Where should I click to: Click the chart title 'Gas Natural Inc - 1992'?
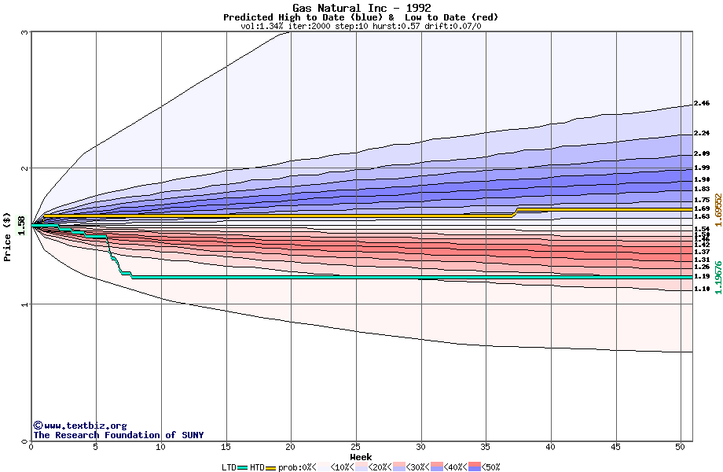click(x=361, y=8)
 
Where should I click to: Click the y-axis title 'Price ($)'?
click(x=8, y=238)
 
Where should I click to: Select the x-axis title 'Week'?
click(x=361, y=456)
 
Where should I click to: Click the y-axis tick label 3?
click(x=25, y=32)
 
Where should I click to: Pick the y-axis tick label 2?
click(x=25, y=168)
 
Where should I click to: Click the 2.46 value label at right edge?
click(x=702, y=104)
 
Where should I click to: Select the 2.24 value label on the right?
click(x=702, y=134)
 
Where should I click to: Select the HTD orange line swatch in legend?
click(x=271, y=467)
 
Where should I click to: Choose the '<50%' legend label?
click(x=490, y=467)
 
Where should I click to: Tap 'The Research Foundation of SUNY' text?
click(x=118, y=435)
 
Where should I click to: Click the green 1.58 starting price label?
click(x=21, y=225)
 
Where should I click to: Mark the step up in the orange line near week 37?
click(x=516, y=212)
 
